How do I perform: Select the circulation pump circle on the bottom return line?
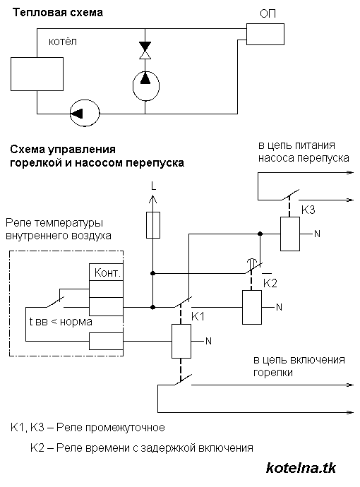pyautogui.click(x=84, y=112)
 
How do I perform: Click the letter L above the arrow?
pyautogui.click(x=152, y=186)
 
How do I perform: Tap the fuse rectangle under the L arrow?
pyautogui.click(x=152, y=227)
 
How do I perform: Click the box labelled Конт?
pyautogui.click(x=106, y=272)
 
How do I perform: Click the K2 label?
pyautogui.click(x=270, y=282)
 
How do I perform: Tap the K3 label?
pyautogui.click(x=308, y=210)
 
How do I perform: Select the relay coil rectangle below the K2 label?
pyautogui.click(x=252, y=307)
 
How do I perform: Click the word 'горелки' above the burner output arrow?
pyautogui.click(x=272, y=373)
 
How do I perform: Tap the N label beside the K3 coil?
pyautogui.click(x=317, y=234)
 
